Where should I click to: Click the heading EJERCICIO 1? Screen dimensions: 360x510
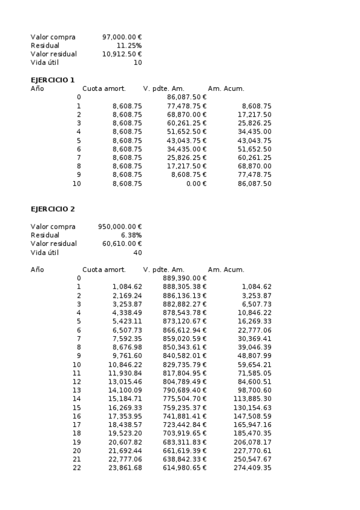tap(52, 80)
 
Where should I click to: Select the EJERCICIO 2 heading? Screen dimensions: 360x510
tap(52, 209)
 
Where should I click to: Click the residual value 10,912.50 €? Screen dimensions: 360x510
tap(122, 54)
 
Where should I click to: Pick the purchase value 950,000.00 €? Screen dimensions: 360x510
tap(120, 227)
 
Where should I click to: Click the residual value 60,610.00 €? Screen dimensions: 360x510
tap(122, 244)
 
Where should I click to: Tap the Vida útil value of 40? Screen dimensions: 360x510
tap(138, 253)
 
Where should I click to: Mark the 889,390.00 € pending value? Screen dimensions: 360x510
tap(185, 278)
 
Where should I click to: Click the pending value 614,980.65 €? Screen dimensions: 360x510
tap(185, 468)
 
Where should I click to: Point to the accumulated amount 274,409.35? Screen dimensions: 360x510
tap(252, 468)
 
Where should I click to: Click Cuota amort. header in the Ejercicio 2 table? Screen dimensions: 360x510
tap(104, 270)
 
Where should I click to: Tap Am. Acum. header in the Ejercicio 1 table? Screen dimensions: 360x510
tap(226, 89)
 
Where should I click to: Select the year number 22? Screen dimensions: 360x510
tap(76, 468)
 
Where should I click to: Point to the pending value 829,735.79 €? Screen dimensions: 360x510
tap(185, 364)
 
